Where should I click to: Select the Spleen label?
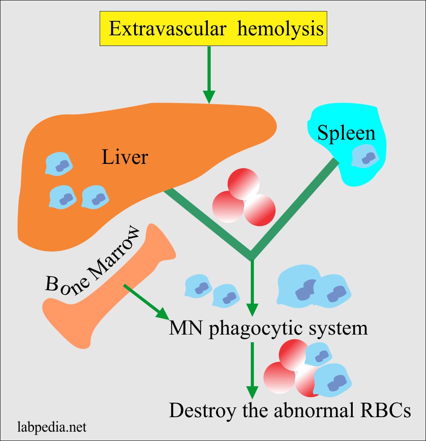346,133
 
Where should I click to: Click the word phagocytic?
259,329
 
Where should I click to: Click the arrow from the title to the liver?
209,75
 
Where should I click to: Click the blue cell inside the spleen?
365,157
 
